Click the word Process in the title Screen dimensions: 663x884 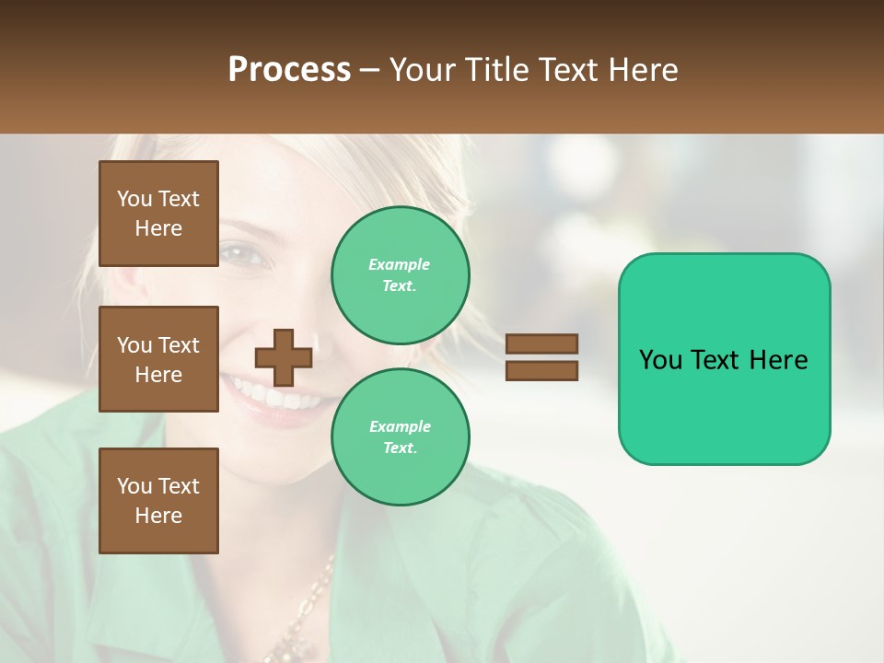(x=289, y=70)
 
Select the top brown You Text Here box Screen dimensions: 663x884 (x=158, y=214)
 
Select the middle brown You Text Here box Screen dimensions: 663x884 (x=158, y=359)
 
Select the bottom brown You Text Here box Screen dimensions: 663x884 (x=158, y=501)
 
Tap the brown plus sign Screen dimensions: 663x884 (x=283, y=357)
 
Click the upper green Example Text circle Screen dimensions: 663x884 (x=400, y=275)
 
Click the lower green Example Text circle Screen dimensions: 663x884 (x=400, y=437)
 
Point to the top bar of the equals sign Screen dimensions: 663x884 (x=541, y=344)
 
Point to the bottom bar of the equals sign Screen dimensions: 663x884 (x=541, y=370)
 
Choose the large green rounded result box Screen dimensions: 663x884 (x=724, y=359)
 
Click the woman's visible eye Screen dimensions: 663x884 (x=241, y=252)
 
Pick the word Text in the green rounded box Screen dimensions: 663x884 (x=724, y=360)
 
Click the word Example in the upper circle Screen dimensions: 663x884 (x=399, y=265)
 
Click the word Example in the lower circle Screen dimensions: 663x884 (x=400, y=427)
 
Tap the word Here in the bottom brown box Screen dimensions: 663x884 (x=158, y=516)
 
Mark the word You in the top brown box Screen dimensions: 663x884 (x=134, y=199)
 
